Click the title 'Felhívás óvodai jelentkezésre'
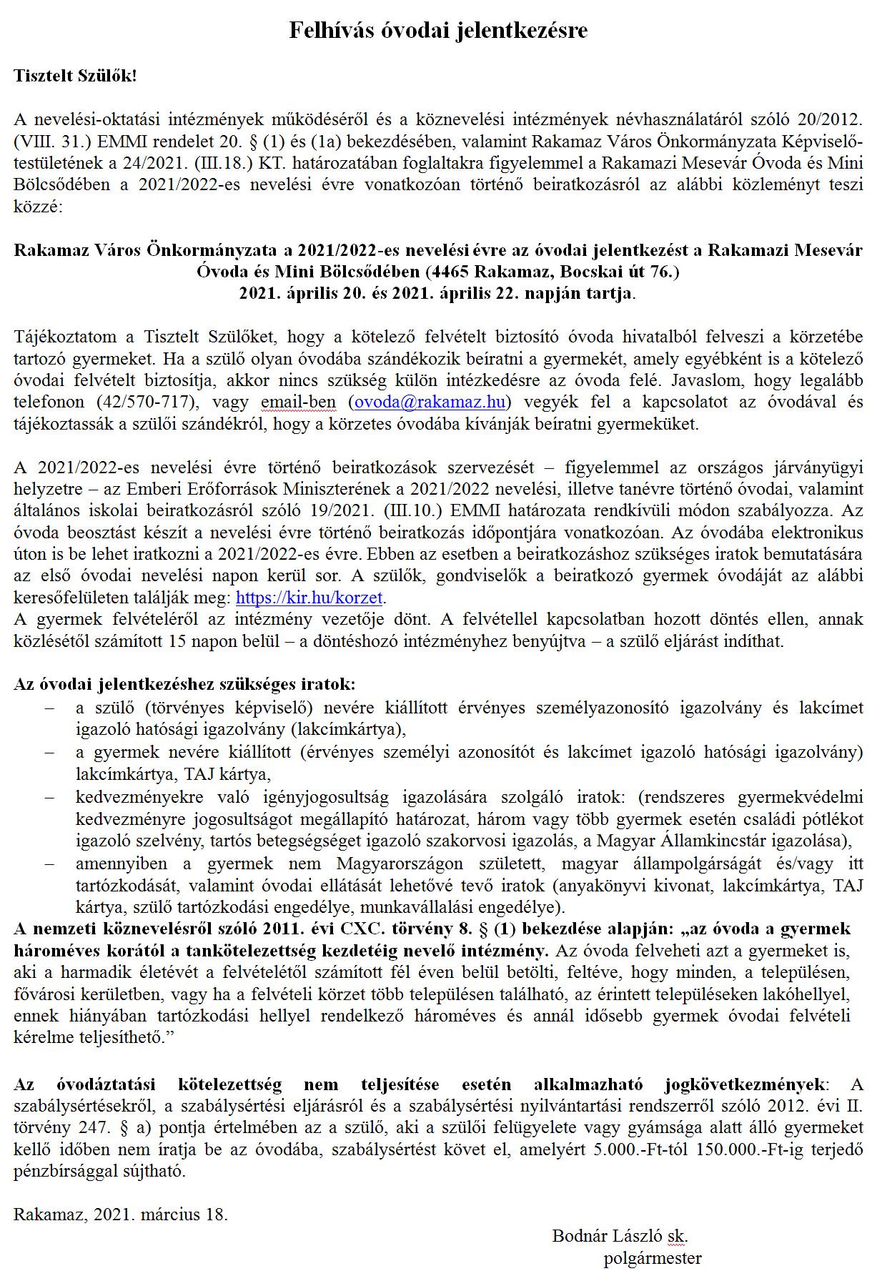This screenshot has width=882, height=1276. click(x=438, y=30)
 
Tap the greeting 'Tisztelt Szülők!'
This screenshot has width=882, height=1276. click(x=75, y=76)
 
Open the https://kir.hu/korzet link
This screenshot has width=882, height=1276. click(x=310, y=598)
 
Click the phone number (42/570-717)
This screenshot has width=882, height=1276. click(x=155, y=402)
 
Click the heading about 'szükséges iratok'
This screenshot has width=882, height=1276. click(x=184, y=684)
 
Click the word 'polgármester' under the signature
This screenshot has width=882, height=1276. click(x=652, y=1258)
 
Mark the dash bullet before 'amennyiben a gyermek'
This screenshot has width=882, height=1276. click(x=49, y=864)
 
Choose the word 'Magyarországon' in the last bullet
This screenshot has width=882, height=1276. click(x=400, y=864)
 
